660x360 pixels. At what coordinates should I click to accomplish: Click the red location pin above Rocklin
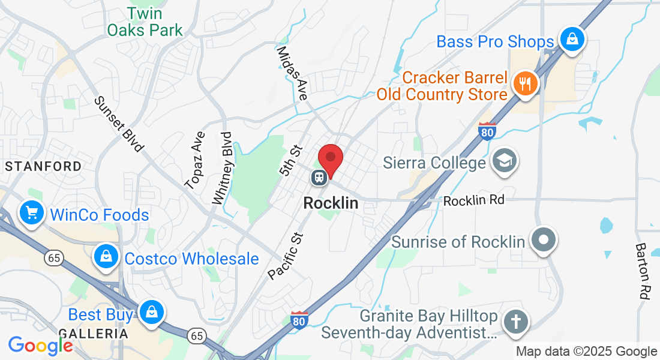tap(330, 160)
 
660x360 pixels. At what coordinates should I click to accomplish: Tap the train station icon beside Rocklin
tap(319, 177)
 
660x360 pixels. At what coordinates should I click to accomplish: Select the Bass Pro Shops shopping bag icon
tap(572, 40)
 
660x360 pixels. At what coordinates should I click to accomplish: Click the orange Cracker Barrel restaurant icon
tap(526, 84)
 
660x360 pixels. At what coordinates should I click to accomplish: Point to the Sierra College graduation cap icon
tap(504, 161)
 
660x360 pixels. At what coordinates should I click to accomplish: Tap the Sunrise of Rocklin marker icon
tap(544, 240)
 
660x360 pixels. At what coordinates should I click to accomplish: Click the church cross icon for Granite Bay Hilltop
tap(515, 322)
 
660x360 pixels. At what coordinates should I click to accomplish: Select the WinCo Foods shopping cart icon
tap(32, 213)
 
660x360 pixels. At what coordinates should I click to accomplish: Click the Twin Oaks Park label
tap(145, 21)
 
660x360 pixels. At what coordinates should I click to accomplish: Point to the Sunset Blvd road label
tap(119, 123)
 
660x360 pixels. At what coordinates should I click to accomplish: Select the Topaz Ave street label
tap(196, 160)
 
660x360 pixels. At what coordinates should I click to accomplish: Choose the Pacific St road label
tap(287, 253)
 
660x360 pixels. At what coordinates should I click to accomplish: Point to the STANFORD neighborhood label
tap(43, 166)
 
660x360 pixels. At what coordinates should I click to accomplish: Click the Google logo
tap(40, 345)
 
